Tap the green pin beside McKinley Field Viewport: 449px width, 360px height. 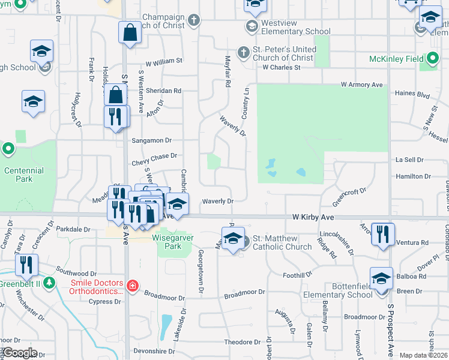pos(431,59)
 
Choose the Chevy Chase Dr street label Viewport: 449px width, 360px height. pos(154,155)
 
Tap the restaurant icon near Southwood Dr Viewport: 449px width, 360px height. pos(26,265)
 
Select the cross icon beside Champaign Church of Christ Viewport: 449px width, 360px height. pos(193,21)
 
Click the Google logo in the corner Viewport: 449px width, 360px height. pos(19,353)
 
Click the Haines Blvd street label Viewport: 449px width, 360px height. pos(412,94)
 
